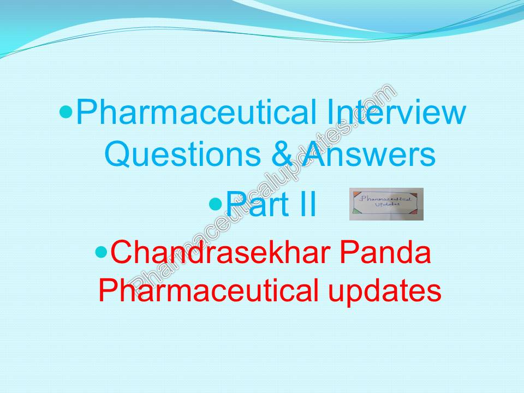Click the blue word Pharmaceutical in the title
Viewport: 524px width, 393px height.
pos(196,112)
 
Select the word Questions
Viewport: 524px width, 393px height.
pos(182,154)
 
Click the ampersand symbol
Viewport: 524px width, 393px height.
pos(282,154)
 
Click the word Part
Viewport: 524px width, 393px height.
pos(257,204)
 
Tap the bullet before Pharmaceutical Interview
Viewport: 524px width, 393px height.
pos(66,112)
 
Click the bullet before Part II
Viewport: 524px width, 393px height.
pos(216,204)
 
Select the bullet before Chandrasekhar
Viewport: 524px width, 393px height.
pos(101,252)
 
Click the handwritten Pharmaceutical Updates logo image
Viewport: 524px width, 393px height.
pos(386,204)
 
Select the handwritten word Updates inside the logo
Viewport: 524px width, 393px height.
pos(387,205)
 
